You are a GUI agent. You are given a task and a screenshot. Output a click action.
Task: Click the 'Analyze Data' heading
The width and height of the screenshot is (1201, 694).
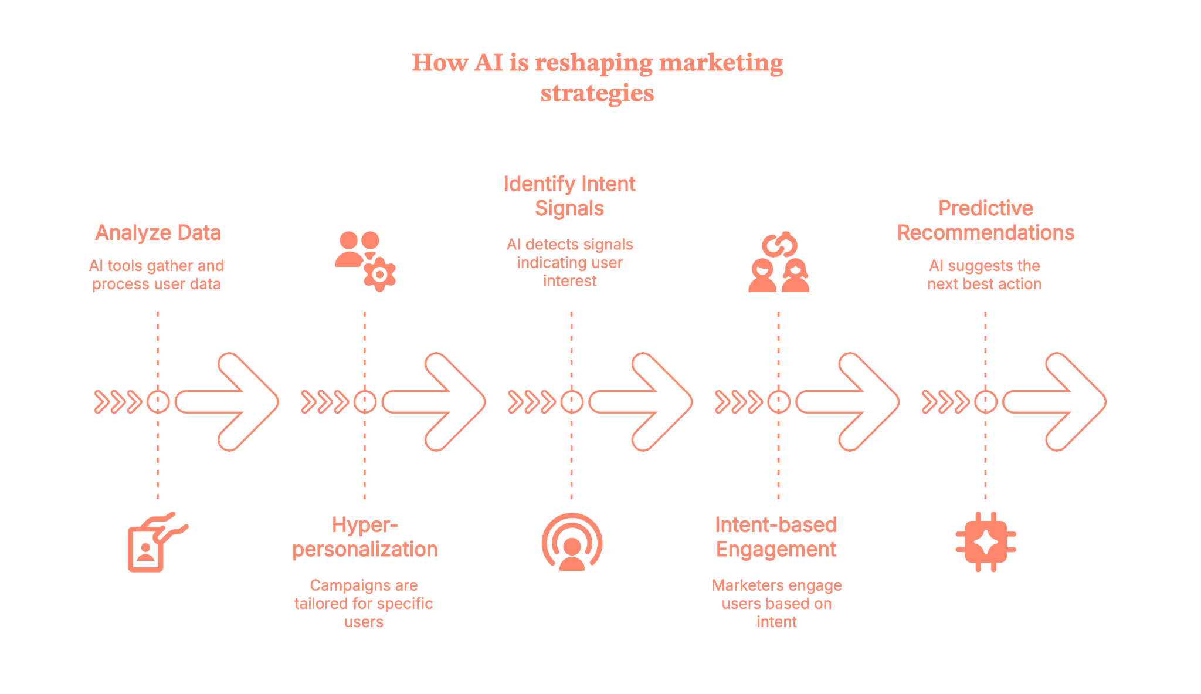(x=158, y=233)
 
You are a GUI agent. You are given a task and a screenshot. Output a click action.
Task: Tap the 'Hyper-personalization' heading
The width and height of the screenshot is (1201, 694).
(x=365, y=537)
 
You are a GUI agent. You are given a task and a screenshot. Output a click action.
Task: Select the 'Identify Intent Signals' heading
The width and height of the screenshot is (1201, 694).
(x=569, y=196)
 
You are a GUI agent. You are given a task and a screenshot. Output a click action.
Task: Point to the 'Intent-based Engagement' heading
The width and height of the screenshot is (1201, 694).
(x=776, y=537)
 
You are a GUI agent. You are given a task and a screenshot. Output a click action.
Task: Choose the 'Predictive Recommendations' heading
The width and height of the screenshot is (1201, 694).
(x=985, y=221)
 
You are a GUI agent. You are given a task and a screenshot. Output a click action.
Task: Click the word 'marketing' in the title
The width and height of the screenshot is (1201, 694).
(x=721, y=63)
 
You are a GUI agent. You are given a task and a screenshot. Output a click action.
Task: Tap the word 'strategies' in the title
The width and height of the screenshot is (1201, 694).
(x=597, y=93)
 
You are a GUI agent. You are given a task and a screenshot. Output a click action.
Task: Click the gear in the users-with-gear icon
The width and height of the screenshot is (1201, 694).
(x=380, y=274)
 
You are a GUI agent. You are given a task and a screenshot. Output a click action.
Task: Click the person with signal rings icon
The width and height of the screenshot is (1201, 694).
(x=572, y=543)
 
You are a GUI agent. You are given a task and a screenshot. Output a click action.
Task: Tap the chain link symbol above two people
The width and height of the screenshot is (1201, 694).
(x=779, y=245)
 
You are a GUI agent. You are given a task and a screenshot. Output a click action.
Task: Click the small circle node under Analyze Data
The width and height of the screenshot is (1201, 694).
(x=158, y=402)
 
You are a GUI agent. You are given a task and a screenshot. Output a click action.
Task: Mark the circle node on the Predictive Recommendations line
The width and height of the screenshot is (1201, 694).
(x=985, y=402)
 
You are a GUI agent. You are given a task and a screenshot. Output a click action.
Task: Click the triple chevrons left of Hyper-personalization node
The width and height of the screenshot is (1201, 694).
(x=324, y=402)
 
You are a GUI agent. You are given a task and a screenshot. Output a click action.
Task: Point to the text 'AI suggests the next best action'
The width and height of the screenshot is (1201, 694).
(x=984, y=275)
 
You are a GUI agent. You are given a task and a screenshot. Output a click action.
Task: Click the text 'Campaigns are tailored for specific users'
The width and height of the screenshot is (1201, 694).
(x=364, y=603)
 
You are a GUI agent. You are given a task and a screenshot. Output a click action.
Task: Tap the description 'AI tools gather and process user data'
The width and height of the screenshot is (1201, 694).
(x=157, y=275)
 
